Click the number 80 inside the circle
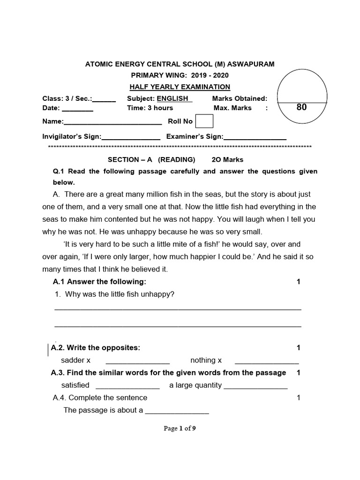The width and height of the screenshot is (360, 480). [x=301, y=107]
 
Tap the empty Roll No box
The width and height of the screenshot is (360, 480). [x=204, y=121]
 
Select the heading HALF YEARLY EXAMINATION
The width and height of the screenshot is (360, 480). [x=180, y=87]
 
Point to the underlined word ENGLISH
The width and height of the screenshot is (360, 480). [x=172, y=98]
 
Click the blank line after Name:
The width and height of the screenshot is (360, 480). [x=112, y=122]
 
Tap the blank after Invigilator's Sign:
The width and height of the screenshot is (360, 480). [x=131, y=137]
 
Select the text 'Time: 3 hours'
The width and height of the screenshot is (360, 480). [x=150, y=108]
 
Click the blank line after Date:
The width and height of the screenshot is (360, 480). [x=77, y=109]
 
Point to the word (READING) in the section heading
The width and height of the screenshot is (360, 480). [x=176, y=160]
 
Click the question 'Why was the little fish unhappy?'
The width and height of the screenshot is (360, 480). [x=120, y=294]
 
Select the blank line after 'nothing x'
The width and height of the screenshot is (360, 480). [x=266, y=361]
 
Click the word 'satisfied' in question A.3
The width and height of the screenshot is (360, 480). [x=75, y=385]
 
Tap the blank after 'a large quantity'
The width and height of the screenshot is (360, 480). [x=255, y=386]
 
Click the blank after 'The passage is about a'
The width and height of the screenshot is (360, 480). [x=177, y=411]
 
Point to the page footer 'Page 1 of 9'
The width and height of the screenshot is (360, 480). [x=180, y=428]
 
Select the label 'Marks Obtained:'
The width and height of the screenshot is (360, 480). [x=240, y=98]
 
